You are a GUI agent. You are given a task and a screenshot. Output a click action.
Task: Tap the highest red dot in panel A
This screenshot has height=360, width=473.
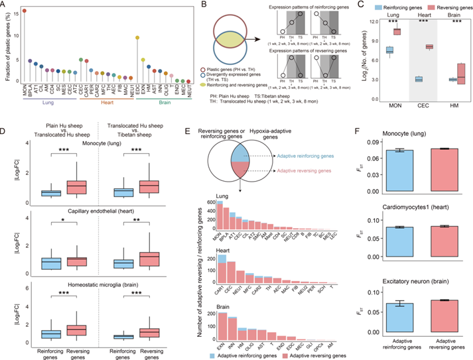coord(25,11)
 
